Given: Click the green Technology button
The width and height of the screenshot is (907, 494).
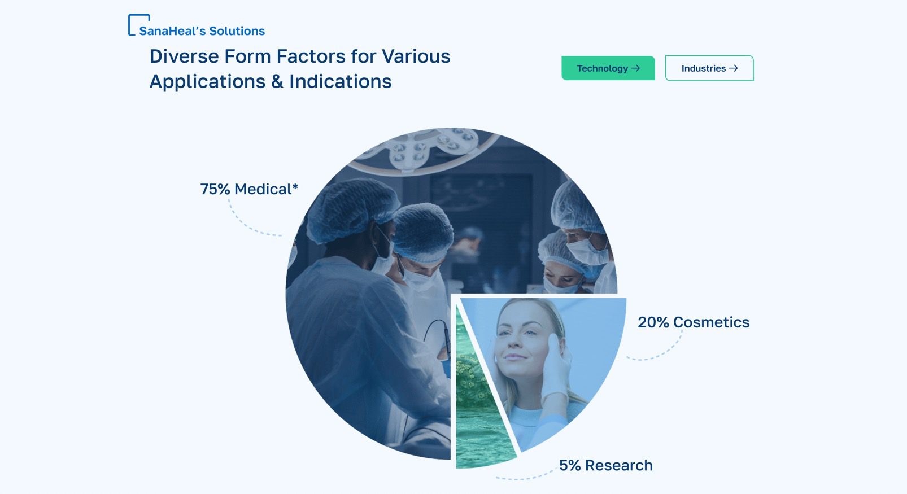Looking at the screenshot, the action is click(608, 68).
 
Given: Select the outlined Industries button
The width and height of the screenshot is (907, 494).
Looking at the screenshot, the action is click(709, 68).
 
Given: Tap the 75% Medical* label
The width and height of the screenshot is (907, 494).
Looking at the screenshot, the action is click(249, 189).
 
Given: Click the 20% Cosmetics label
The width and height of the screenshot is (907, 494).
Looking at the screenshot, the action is click(694, 322).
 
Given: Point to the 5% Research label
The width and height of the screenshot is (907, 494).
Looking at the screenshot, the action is click(606, 465).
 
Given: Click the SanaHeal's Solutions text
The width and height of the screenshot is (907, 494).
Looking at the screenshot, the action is click(202, 31).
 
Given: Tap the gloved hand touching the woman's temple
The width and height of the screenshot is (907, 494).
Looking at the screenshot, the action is click(557, 364).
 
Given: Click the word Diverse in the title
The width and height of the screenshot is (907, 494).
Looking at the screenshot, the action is click(184, 56).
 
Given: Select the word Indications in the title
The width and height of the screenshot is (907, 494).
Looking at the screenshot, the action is click(340, 81).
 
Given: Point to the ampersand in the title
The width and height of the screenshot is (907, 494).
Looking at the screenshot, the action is click(277, 81).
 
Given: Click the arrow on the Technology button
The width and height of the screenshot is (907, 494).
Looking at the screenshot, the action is click(635, 68).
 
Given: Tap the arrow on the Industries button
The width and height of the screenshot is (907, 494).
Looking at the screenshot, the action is click(733, 68).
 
